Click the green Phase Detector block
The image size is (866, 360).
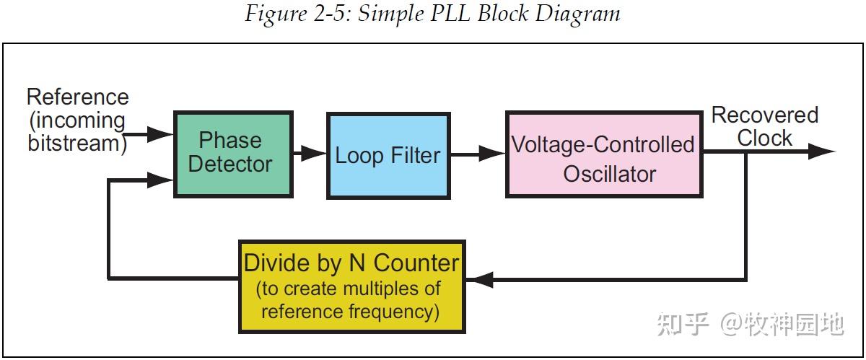coord(233,154)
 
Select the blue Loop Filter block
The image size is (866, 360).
coord(388,156)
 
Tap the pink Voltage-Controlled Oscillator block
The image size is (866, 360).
coord(604,154)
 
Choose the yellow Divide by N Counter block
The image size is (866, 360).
coord(352,286)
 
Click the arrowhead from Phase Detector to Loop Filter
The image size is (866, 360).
coord(313,154)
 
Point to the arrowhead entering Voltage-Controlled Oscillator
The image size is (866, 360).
coord(491,154)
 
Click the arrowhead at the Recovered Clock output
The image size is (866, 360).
coord(822,152)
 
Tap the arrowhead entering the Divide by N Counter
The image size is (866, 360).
coord(479,279)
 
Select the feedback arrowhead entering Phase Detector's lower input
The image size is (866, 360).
coord(160,180)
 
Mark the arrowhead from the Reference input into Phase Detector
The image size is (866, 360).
coord(160,135)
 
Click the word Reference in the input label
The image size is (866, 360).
coord(78,97)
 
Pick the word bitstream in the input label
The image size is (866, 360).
coord(74,143)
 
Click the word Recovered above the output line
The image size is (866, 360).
coord(765,115)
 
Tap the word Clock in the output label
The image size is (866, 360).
coord(765,138)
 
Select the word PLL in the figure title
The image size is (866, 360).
coord(450,13)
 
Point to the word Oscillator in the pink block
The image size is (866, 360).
coord(610,174)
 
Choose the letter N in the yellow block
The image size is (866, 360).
coord(357,263)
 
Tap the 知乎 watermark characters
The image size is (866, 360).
coord(683,324)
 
